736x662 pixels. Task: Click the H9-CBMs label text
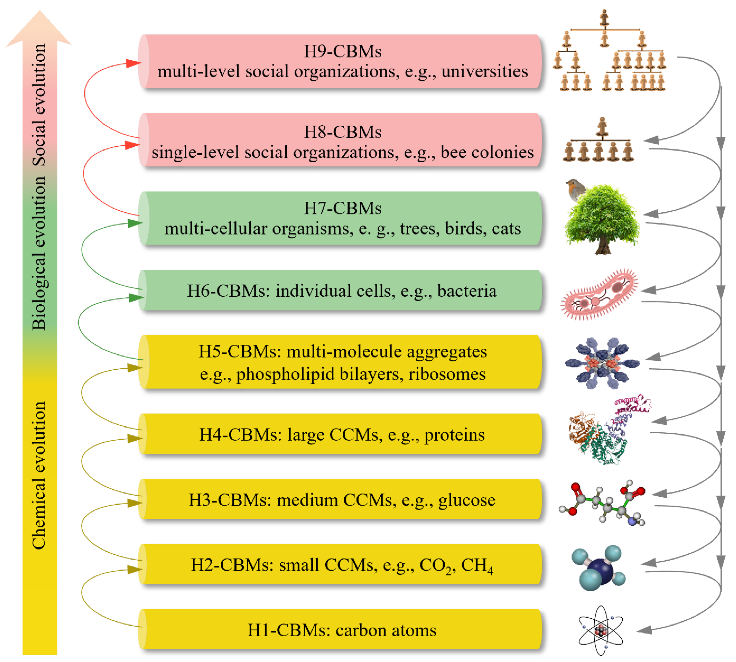[342, 51]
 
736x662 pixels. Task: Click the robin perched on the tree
[576, 188]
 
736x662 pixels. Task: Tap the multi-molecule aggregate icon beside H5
[602, 363]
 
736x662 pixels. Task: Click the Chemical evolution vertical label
[39, 475]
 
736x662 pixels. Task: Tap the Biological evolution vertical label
[39, 253]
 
